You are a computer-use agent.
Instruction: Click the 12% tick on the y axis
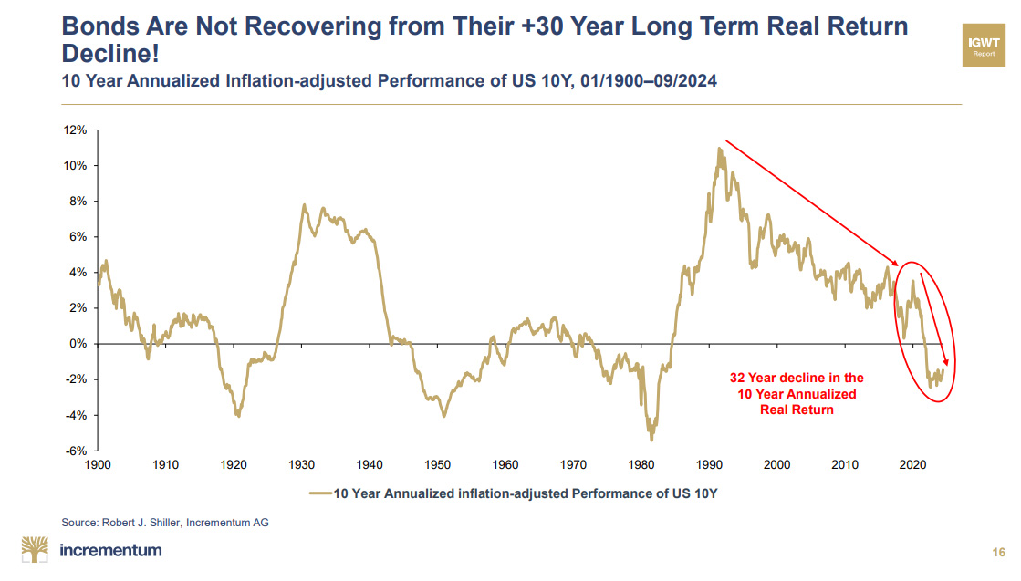pos(75,130)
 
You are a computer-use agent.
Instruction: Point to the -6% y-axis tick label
pos(75,451)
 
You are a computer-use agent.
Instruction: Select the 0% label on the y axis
pos(78,344)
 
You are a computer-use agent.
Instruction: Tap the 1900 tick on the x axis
pos(97,464)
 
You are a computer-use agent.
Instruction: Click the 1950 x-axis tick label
pos(437,464)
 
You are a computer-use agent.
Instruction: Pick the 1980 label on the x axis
pos(641,464)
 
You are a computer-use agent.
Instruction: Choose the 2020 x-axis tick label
pos(913,464)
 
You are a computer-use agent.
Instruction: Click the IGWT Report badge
pos(984,46)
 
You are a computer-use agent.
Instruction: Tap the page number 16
pos(997,552)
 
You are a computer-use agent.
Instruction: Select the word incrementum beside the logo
pos(109,550)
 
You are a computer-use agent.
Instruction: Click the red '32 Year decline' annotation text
pos(796,393)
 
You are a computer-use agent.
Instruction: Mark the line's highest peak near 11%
pos(719,148)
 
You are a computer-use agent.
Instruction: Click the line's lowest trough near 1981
pos(651,440)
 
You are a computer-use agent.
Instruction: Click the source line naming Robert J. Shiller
pos(165,522)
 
